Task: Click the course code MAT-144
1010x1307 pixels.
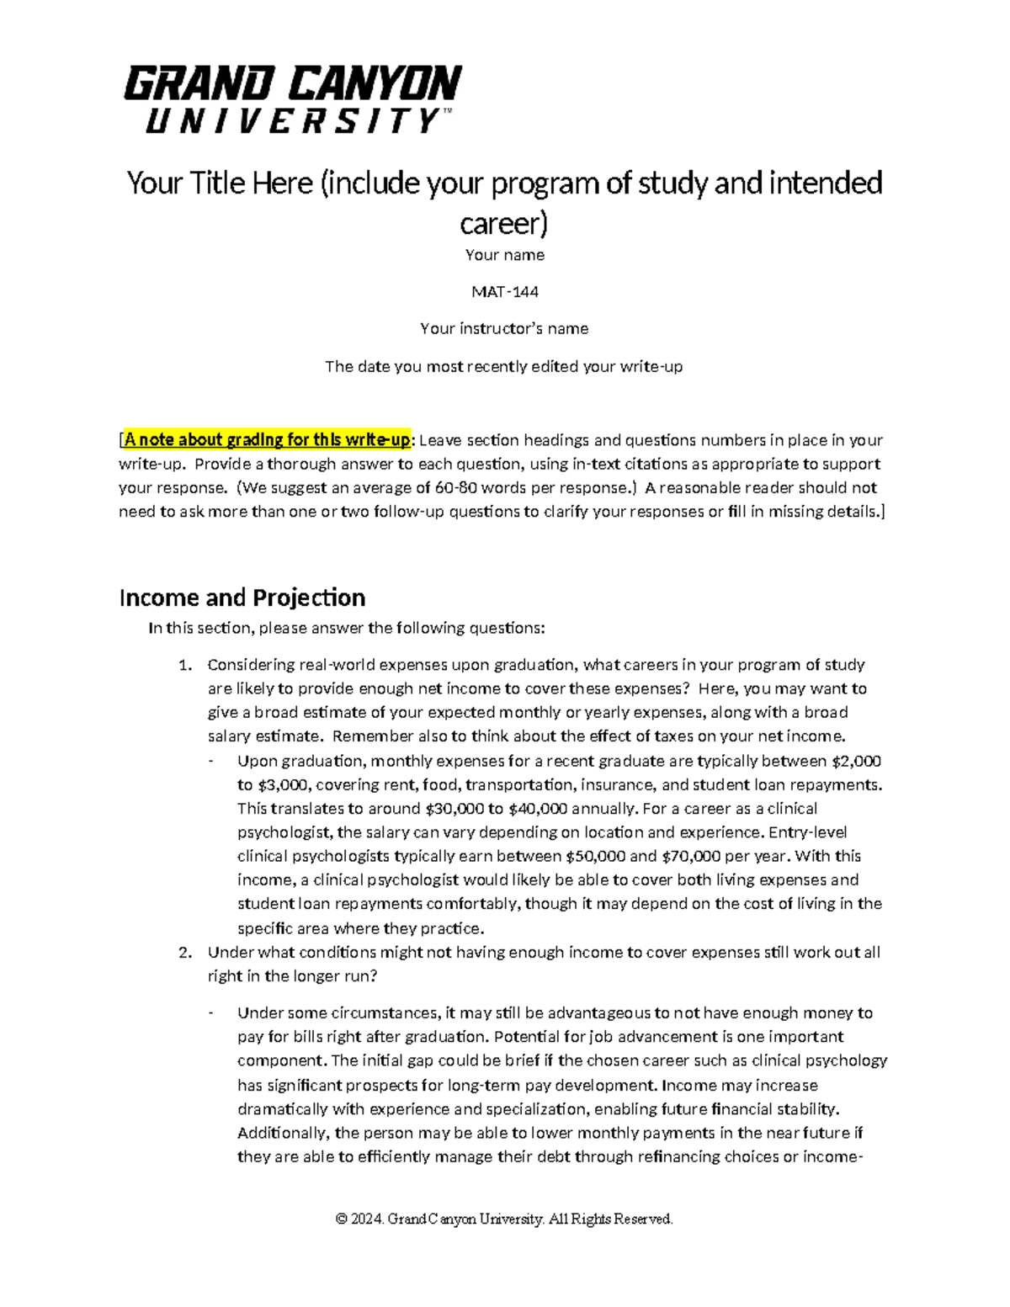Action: click(x=504, y=292)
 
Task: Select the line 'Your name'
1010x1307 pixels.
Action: click(x=504, y=255)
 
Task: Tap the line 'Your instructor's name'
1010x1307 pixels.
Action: click(x=504, y=329)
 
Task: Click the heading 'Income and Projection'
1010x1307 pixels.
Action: click(x=242, y=598)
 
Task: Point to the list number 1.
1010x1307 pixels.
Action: click(x=185, y=665)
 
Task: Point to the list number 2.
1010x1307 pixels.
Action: click(x=185, y=953)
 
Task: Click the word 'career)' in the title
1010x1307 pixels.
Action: click(x=504, y=223)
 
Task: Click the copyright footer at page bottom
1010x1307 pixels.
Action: click(x=504, y=1219)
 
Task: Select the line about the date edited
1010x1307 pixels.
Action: click(x=504, y=367)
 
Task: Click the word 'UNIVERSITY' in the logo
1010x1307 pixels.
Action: click(x=292, y=121)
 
